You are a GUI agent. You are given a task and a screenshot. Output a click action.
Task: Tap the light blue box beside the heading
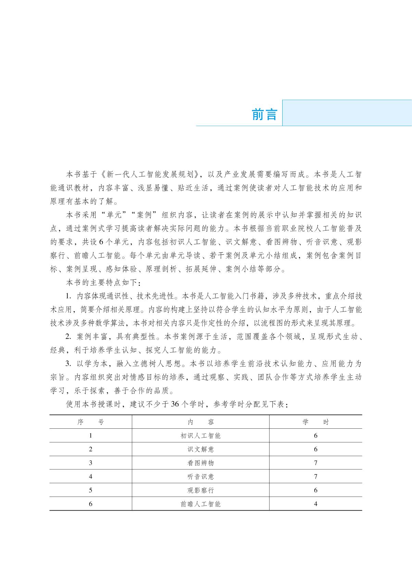(x=347, y=113)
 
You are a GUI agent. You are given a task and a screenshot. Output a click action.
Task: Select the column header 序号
(x=90, y=422)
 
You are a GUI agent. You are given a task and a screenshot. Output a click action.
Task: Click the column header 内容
(x=200, y=422)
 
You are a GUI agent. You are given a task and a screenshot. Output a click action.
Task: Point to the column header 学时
(x=315, y=422)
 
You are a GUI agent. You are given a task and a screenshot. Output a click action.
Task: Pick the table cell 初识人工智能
(x=200, y=436)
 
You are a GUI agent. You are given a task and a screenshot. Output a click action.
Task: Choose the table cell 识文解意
(x=200, y=449)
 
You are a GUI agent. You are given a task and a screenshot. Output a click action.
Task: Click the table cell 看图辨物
(x=200, y=463)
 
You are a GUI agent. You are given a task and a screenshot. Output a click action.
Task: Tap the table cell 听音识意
(x=200, y=477)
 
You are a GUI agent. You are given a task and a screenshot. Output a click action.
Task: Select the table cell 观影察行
(x=200, y=490)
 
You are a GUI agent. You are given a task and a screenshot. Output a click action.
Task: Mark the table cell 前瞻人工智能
(x=200, y=504)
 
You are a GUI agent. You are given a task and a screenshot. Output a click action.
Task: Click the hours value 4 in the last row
(x=315, y=504)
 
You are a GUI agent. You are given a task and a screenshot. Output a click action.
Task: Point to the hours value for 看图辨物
(x=315, y=463)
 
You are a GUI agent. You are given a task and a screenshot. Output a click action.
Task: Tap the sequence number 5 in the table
(x=90, y=490)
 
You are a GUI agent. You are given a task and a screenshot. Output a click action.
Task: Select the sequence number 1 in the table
(x=90, y=436)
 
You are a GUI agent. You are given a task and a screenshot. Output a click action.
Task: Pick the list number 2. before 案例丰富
(x=68, y=337)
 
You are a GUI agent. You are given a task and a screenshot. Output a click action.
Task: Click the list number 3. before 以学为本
(x=68, y=364)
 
